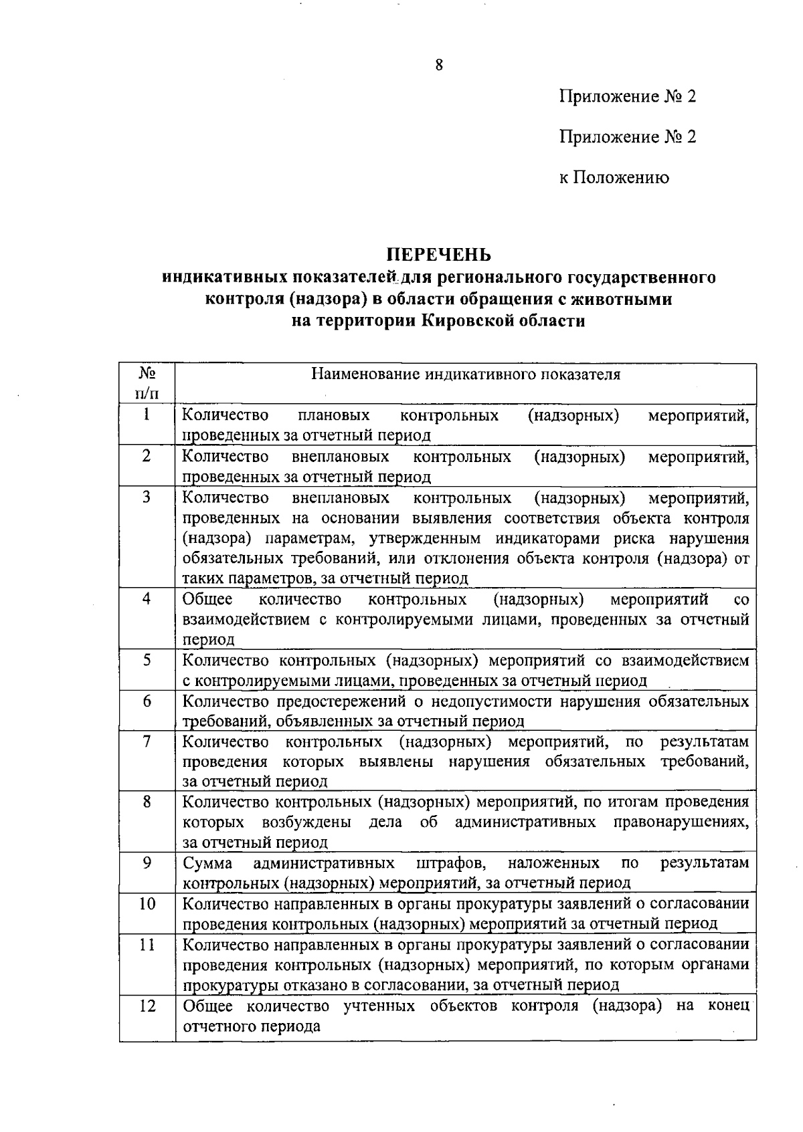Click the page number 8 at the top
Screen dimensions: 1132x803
pyautogui.click(x=439, y=65)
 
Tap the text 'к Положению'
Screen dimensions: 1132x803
pyautogui.click(x=614, y=177)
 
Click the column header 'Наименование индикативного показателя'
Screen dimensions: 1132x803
pyautogui.click(x=466, y=374)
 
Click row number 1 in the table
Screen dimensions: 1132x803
pyautogui.click(x=147, y=415)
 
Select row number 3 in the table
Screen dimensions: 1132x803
pyautogui.click(x=147, y=497)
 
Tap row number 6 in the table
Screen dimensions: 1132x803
pyautogui.click(x=147, y=701)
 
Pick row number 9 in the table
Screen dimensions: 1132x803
pyautogui.click(x=147, y=863)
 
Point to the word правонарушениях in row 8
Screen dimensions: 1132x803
pyautogui.click(x=681, y=822)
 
